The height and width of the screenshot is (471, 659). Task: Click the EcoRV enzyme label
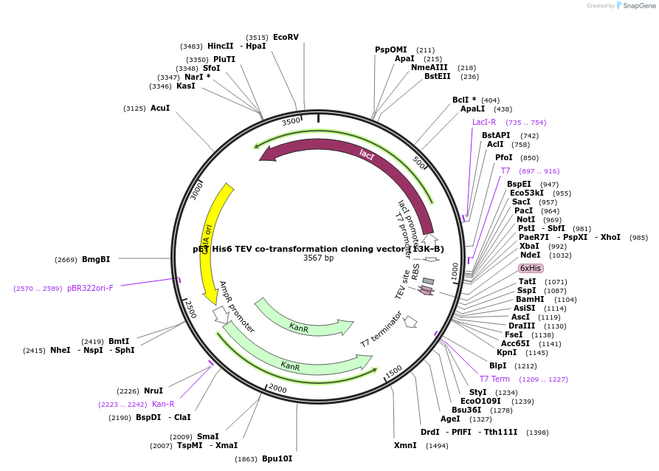click(x=286, y=37)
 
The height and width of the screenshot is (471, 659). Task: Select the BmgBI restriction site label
click(x=96, y=259)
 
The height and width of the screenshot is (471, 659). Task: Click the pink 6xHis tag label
click(x=531, y=268)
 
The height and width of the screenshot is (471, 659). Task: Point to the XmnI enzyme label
click(x=405, y=445)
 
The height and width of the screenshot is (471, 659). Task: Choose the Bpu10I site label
click(x=277, y=458)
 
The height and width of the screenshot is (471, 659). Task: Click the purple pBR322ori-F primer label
click(x=90, y=288)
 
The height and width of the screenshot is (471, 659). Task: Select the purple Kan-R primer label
click(x=163, y=404)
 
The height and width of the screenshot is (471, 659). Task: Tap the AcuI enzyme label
click(x=160, y=109)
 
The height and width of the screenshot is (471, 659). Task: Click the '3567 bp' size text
click(x=318, y=258)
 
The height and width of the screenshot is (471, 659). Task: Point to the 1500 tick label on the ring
click(x=393, y=371)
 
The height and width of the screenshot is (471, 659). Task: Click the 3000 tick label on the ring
click(x=196, y=190)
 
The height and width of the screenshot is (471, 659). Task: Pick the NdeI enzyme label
click(x=531, y=255)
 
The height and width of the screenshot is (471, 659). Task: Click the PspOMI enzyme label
click(x=390, y=50)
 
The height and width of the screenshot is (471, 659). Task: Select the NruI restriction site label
click(x=153, y=391)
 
